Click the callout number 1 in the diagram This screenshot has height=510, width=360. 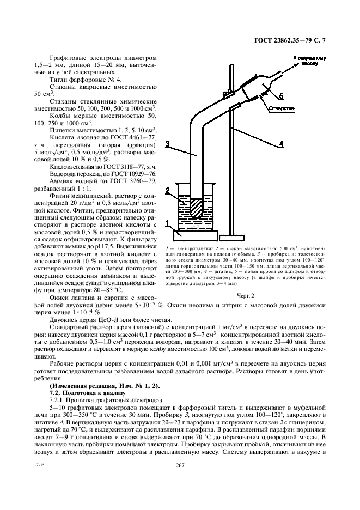click(x=168, y=223)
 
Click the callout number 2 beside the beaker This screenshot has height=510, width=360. click(x=168, y=190)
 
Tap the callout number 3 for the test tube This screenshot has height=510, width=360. click(x=169, y=144)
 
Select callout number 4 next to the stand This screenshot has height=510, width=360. click(x=282, y=144)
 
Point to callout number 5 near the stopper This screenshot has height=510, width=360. click(x=281, y=96)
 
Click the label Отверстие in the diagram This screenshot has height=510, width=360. click(x=281, y=108)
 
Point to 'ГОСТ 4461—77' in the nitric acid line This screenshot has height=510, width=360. click(x=136, y=138)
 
